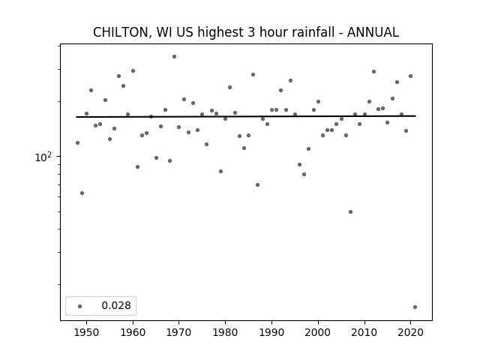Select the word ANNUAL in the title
[x=373, y=32]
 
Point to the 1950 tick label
[x=87, y=332]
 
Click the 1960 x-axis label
[x=133, y=332]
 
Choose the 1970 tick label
[x=179, y=332]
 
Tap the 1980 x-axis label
[x=225, y=332]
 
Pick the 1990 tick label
[x=271, y=332]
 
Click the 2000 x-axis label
[x=318, y=332]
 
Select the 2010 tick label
[x=364, y=332]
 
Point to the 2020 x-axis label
[x=410, y=332]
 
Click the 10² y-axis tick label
[x=43, y=157]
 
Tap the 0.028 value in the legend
[x=116, y=305]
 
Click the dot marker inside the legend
[x=80, y=306]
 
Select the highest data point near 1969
[x=174, y=57]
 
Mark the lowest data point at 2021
[x=415, y=307]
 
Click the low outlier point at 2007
[x=350, y=211]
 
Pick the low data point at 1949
[x=82, y=193]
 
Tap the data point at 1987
[x=257, y=185]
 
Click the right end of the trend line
[x=415, y=115]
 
